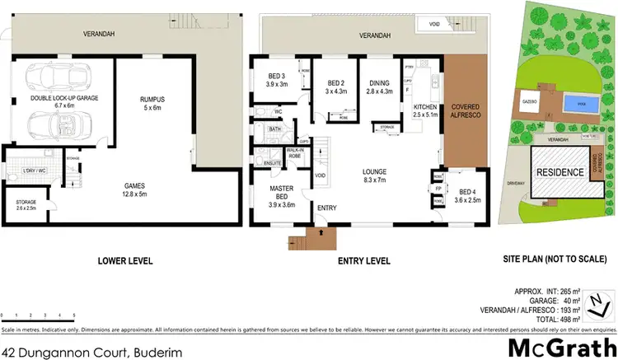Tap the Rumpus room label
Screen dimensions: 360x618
pos(154,103)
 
